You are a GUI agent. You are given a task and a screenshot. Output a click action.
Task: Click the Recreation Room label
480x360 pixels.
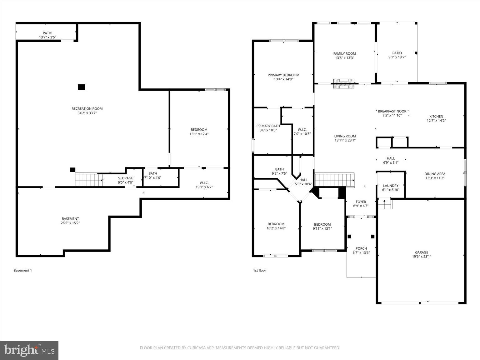[x=87, y=109]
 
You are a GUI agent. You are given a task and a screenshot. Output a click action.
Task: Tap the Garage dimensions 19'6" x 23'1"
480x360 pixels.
[x=422, y=257]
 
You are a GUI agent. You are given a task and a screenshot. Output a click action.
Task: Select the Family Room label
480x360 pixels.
[x=344, y=53]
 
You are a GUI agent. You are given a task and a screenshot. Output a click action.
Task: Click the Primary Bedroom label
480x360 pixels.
[x=283, y=75]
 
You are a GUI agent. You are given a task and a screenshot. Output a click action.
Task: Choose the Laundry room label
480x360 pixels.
[x=390, y=186]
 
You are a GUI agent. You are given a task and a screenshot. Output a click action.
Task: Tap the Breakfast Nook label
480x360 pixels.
[x=392, y=111]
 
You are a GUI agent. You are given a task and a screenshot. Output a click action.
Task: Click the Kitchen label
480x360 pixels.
[x=436, y=117]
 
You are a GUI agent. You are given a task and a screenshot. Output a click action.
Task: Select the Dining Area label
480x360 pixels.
[x=435, y=174]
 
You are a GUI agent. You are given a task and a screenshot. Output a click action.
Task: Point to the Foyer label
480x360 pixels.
[x=361, y=202]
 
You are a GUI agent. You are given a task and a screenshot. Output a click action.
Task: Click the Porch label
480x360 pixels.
[x=361, y=248]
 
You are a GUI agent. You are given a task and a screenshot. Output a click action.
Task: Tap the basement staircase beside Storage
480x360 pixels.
[x=88, y=180]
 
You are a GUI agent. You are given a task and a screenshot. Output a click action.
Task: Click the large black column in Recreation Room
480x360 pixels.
[x=81, y=87]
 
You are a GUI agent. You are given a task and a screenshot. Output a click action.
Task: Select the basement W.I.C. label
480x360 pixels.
[x=204, y=183]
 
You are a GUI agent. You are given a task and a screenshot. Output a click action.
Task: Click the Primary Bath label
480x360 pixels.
[x=268, y=126]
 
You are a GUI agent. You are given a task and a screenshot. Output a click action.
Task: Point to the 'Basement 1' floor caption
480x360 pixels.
[x=22, y=271]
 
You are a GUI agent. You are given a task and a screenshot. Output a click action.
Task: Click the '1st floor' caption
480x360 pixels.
[x=259, y=271]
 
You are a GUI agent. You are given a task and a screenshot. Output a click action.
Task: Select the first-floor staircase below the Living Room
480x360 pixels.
[x=334, y=180]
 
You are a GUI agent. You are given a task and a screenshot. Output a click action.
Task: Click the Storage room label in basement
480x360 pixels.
[x=125, y=178]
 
